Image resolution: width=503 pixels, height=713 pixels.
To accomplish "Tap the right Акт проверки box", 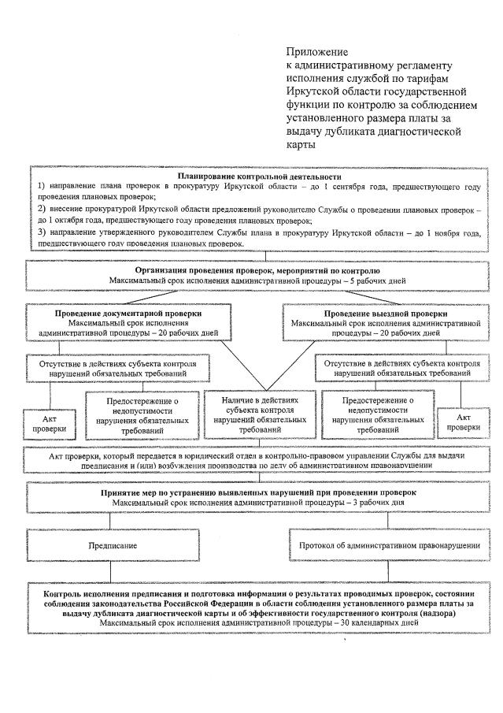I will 463,421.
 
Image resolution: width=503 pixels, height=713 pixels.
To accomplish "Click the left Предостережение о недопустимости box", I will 141,415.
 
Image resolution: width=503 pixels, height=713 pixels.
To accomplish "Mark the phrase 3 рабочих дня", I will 375,502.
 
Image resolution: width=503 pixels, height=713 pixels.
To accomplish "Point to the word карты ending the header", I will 300,145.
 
